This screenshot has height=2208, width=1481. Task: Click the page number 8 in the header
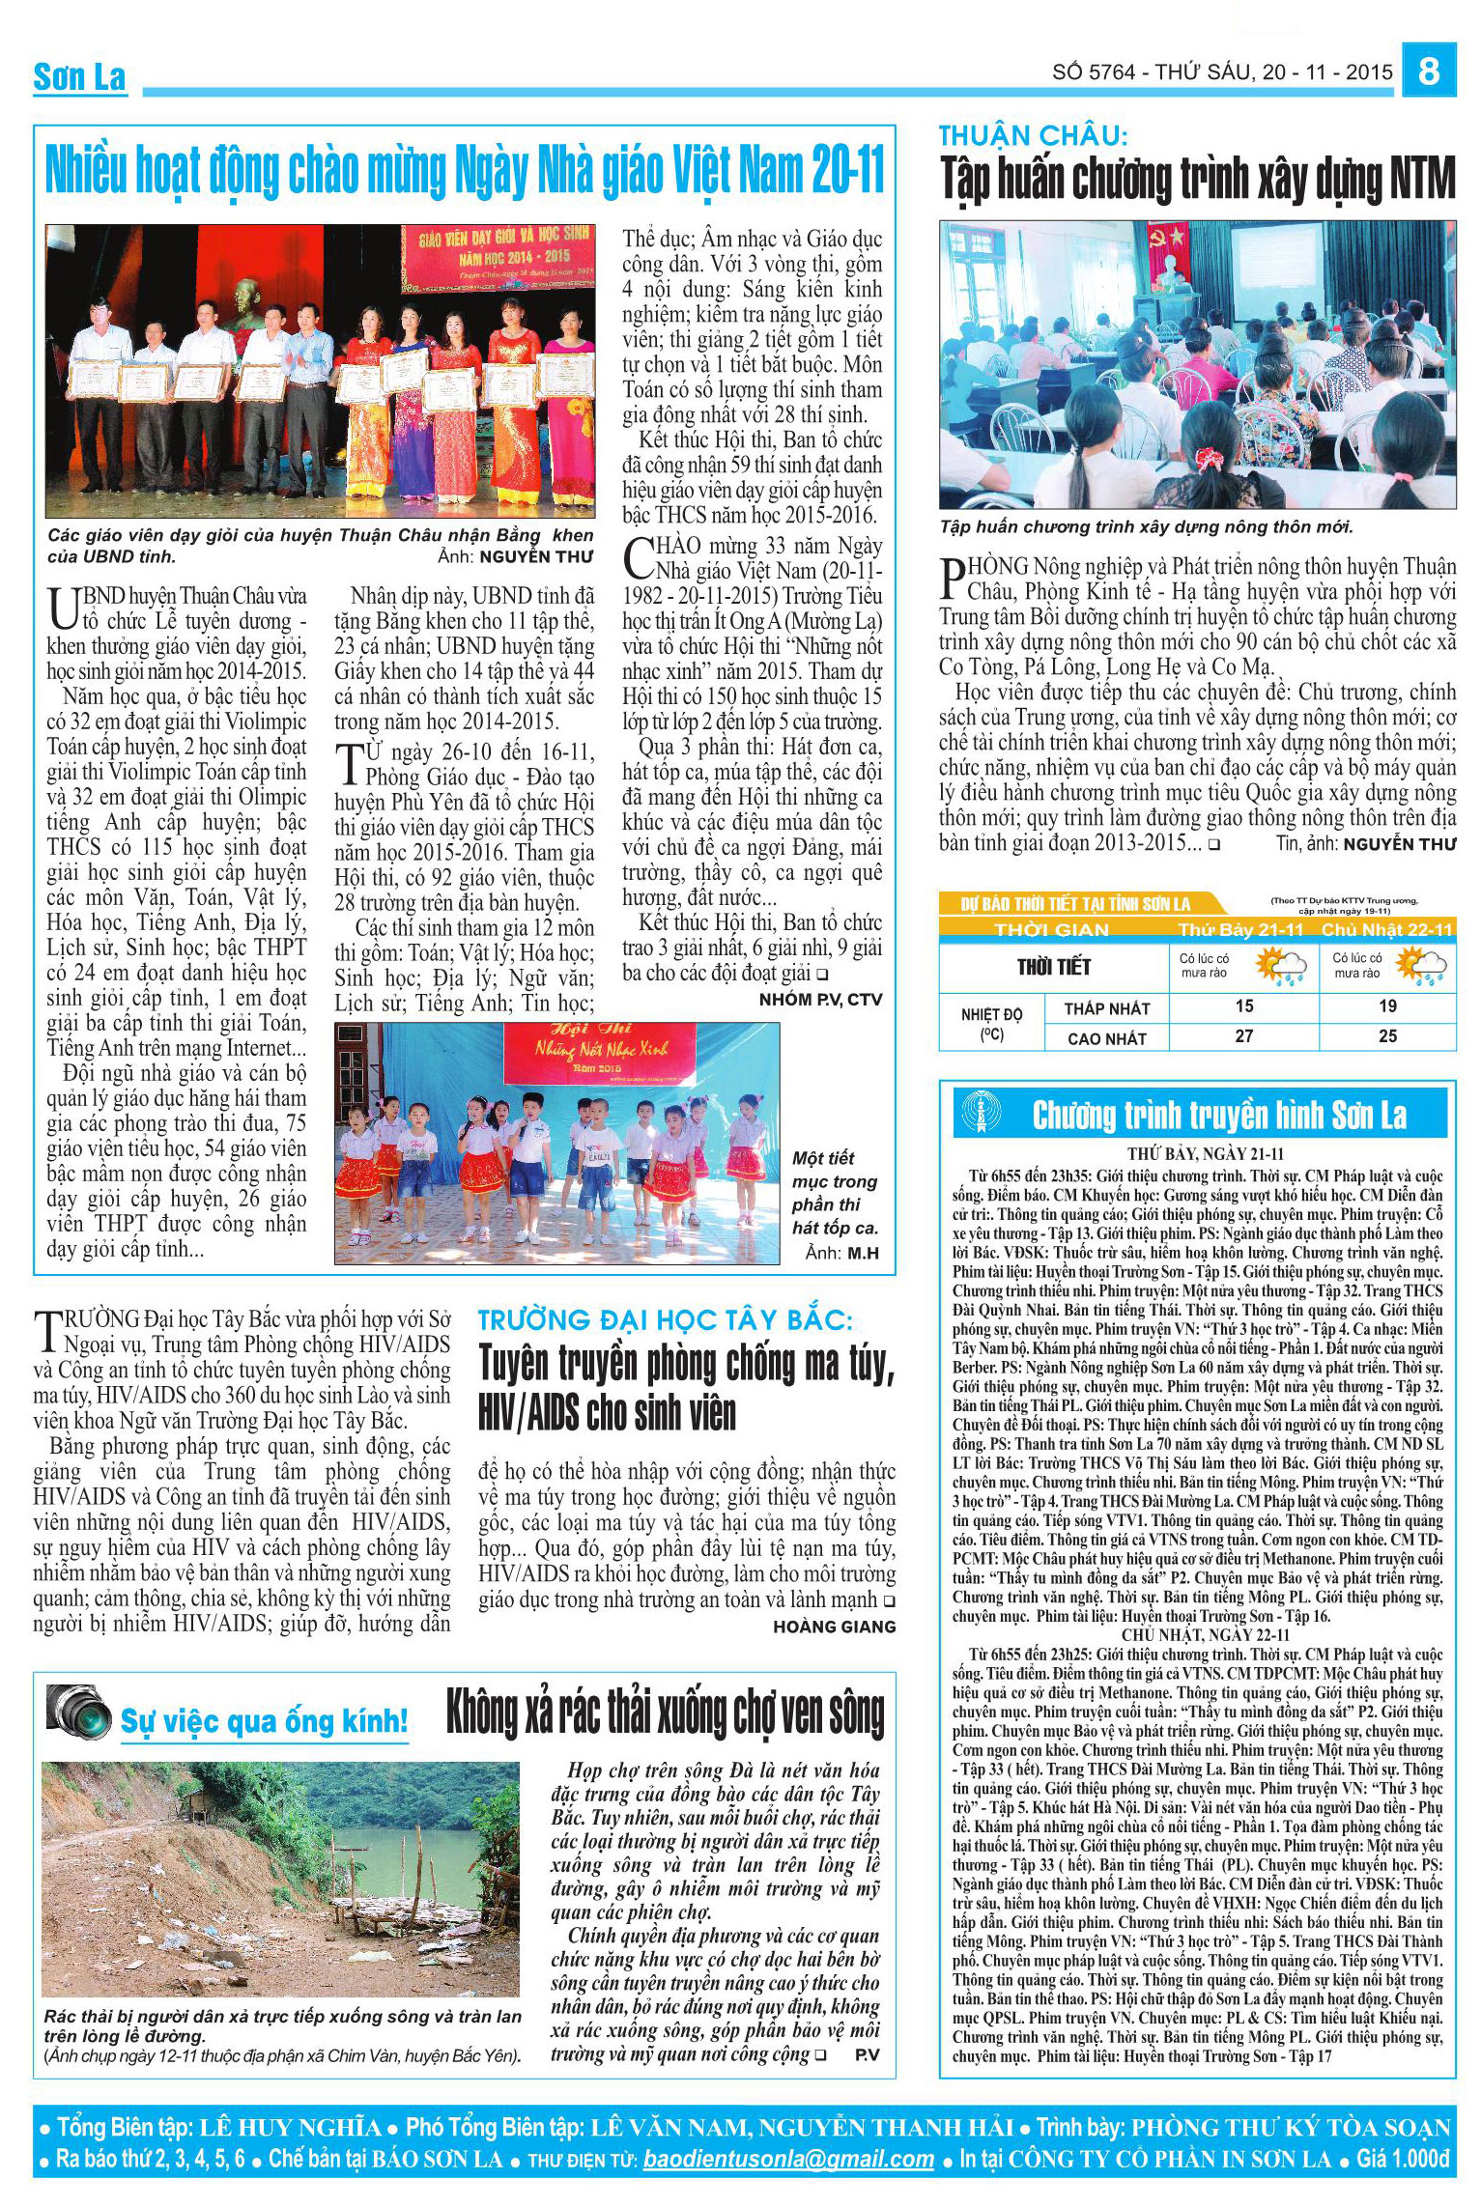coord(1430,73)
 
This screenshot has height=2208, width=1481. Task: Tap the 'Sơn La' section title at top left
coord(79,77)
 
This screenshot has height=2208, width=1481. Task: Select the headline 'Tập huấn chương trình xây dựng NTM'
coord(1197,181)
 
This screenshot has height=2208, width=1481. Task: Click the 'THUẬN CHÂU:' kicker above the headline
coord(1033,136)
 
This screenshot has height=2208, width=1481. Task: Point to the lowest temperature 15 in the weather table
coord(1244,1006)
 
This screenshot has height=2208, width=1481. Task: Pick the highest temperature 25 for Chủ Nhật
coord(1387,1036)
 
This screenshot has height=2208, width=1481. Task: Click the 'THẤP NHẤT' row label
coord(1106,1008)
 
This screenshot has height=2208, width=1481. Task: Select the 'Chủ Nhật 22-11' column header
coord(1386,929)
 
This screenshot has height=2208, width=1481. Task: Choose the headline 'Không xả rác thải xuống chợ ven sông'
coord(665,1713)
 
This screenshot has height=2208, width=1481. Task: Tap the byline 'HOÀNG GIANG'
coord(834,1628)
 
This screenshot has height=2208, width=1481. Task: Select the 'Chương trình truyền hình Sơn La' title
coord(1219,1116)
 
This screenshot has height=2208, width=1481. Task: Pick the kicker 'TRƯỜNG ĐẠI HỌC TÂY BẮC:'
coord(667,1319)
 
